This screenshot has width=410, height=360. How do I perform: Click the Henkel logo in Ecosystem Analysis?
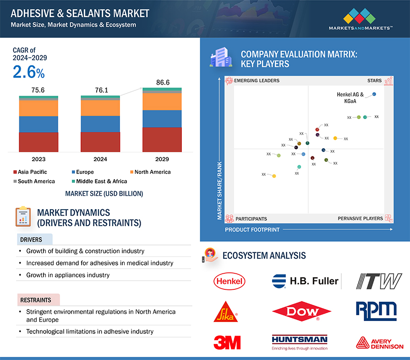pos(230,281)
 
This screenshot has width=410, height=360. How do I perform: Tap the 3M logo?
pos(227,342)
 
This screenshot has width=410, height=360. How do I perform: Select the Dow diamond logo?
pos(301,312)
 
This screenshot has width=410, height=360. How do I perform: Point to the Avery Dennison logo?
pos(380,343)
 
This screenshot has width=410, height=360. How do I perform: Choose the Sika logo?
pos(225,311)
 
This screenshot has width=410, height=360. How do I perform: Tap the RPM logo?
pos(376,310)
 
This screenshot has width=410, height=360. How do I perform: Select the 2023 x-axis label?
pos(38,159)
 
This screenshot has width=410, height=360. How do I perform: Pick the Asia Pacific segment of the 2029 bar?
pos(162,139)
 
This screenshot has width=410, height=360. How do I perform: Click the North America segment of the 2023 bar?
pos(38,108)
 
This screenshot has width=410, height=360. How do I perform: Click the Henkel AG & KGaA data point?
pos(374,94)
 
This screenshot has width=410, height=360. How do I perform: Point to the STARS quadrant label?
pos(374,81)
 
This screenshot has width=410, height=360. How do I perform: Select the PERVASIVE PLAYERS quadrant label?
pos(360,219)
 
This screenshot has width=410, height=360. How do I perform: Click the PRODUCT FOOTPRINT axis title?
pos(252,229)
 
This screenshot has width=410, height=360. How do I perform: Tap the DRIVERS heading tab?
pos(31,239)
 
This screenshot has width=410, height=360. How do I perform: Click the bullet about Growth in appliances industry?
pos(68,275)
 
